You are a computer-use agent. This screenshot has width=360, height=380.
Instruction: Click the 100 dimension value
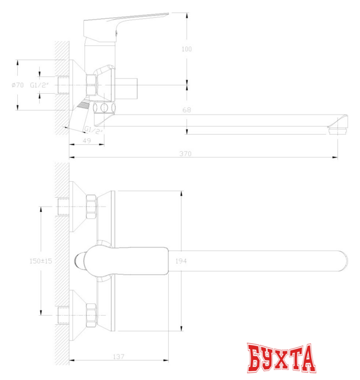tap(187, 49)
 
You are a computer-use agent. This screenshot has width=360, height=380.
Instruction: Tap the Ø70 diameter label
tap(17, 85)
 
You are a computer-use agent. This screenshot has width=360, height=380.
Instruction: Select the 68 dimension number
tap(187, 110)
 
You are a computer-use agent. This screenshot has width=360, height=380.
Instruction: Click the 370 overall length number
tap(186, 154)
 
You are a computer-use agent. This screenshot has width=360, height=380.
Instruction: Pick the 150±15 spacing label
tap(40, 261)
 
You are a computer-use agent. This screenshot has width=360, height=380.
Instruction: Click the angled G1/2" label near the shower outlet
tap(95, 129)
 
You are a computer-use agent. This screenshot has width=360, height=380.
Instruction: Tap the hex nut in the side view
tap(92, 84)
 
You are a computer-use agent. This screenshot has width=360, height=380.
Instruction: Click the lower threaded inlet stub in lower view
tap(64, 313)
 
